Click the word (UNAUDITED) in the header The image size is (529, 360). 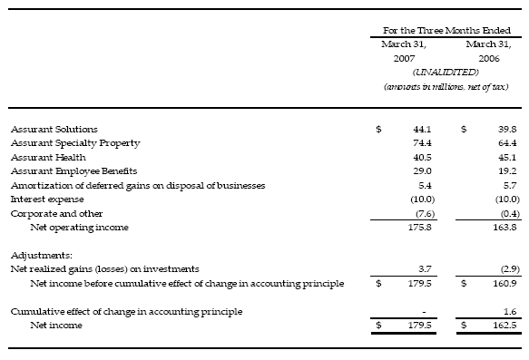(x=444, y=71)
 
